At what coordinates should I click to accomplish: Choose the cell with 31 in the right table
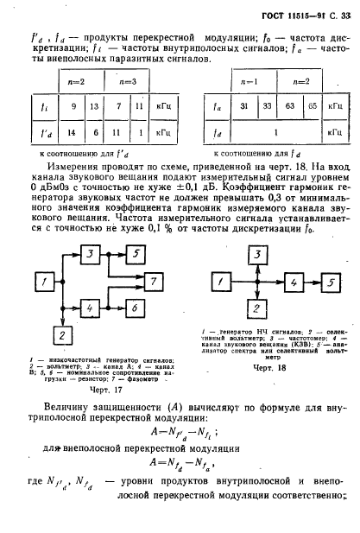pyautogui.click(x=244, y=108)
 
